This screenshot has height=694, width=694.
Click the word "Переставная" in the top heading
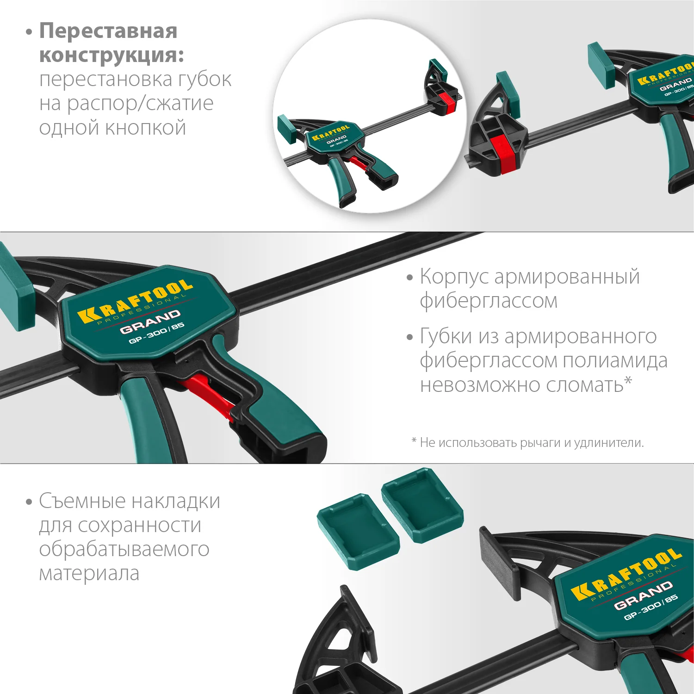point(108,31)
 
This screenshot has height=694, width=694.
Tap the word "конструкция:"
point(112,56)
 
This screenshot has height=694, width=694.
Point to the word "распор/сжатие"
point(140,104)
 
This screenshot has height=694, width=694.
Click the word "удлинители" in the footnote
point(608,443)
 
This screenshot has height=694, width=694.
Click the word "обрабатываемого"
point(124,549)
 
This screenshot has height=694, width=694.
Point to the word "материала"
point(89,574)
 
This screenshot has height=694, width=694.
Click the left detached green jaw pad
point(358,531)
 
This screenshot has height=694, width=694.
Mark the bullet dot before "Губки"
point(409,337)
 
